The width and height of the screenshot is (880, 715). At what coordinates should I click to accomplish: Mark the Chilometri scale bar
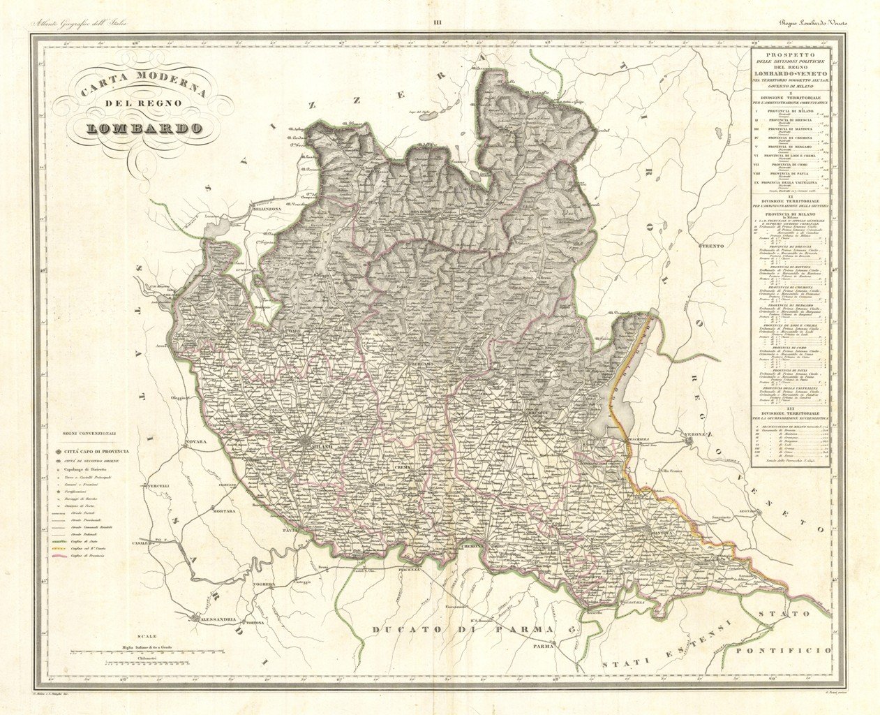pyautogui.click(x=147, y=660)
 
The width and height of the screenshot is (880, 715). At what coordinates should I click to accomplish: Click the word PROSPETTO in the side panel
pyautogui.click(x=791, y=53)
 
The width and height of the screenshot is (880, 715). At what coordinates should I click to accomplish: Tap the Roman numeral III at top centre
pyautogui.click(x=438, y=24)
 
